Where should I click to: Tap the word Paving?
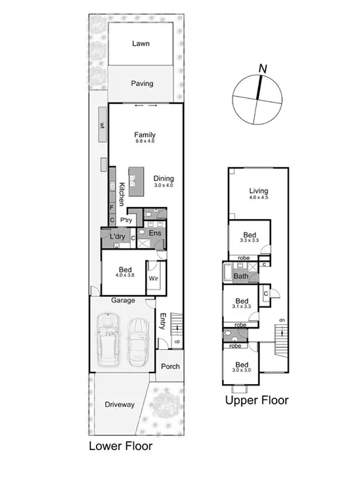[142, 83]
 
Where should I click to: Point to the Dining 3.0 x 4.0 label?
[164, 181]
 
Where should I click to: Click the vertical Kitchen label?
[122, 194]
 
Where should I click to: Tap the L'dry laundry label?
[117, 237]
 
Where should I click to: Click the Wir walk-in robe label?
[153, 278]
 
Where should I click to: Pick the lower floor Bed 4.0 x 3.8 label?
[125, 272]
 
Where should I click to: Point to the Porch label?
[170, 367]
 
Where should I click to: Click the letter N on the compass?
[263, 68]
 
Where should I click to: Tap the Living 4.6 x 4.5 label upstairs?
[258, 193]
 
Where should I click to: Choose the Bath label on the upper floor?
[241, 276]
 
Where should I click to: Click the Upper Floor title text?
[257, 400]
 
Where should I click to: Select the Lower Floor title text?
[120, 447]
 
